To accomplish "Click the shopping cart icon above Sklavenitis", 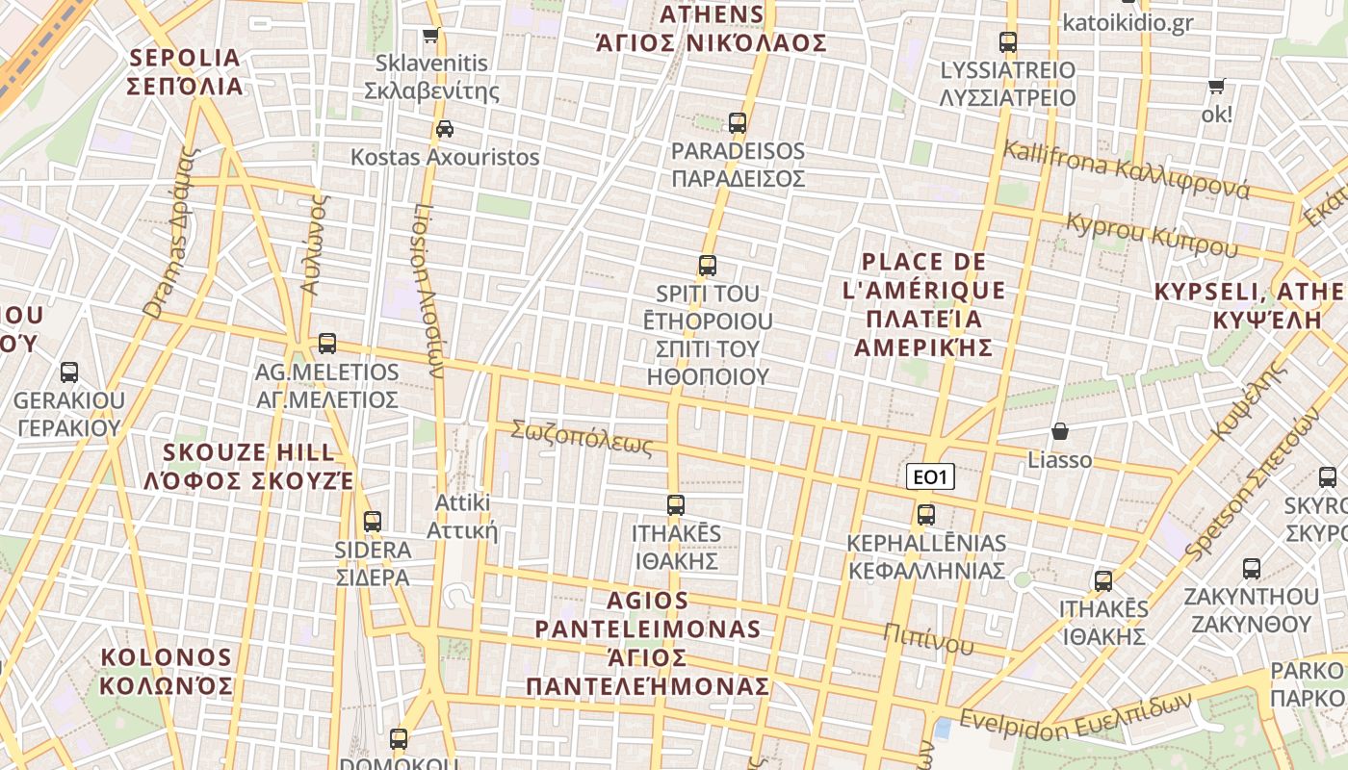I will click(x=430, y=36).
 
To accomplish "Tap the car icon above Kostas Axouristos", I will click(x=445, y=129).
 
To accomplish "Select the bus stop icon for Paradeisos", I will click(x=738, y=123).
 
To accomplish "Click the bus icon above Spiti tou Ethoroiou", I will click(x=708, y=266).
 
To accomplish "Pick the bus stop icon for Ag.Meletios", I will click(x=327, y=344).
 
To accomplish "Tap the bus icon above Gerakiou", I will click(x=69, y=372).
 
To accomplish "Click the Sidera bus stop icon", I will click(x=373, y=522).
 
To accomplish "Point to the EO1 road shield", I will click(x=930, y=476).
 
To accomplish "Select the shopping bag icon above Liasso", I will click(x=1060, y=431).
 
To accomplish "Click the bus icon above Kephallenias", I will click(x=926, y=515).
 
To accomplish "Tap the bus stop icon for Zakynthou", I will click(x=1252, y=569).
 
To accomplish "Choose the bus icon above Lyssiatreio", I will click(x=1008, y=42).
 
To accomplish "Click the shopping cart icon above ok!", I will click(x=1217, y=87).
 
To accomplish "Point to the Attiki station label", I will click(x=462, y=517).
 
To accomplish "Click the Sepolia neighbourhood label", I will click(x=184, y=72).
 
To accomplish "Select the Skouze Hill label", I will click(x=249, y=466).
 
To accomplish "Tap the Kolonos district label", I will click(x=167, y=672).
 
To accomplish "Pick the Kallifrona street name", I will click(x=1127, y=168).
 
